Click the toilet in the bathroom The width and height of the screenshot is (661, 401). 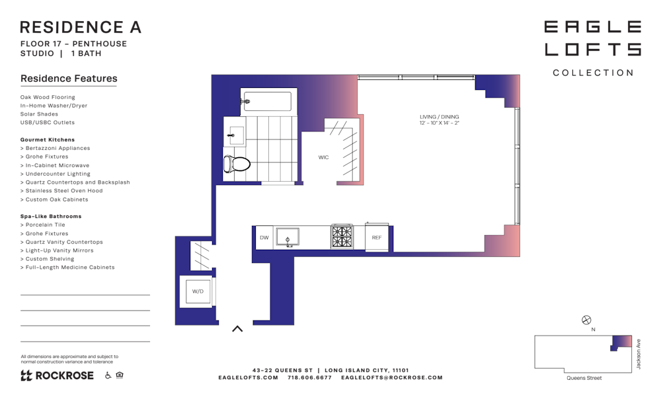[237, 163]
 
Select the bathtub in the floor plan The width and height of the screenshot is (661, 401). [268, 102]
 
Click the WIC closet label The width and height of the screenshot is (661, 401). [323, 157]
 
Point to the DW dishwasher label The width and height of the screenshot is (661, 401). [264, 238]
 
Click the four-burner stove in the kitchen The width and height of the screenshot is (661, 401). [342, 237]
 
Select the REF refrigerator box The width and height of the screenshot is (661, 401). [377, 237]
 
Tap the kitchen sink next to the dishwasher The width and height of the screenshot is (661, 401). [288, 237]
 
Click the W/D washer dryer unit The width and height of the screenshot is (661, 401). [198, 291]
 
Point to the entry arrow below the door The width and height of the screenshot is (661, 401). [237, 328]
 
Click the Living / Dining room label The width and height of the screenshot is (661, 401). [440, 117]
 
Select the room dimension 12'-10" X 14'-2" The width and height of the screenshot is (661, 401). [440, 123]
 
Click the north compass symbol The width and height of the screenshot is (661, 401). [586, 320]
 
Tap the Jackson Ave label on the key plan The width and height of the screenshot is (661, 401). [639, 354]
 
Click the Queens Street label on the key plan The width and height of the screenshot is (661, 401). [584, 378]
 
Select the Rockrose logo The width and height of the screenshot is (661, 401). [57, 375]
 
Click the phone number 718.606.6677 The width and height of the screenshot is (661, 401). [309, 377]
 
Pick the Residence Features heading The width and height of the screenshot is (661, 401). [69, 79]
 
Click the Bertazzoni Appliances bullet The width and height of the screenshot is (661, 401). [56, 148]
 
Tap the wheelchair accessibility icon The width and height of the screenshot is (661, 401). [108, 375]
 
